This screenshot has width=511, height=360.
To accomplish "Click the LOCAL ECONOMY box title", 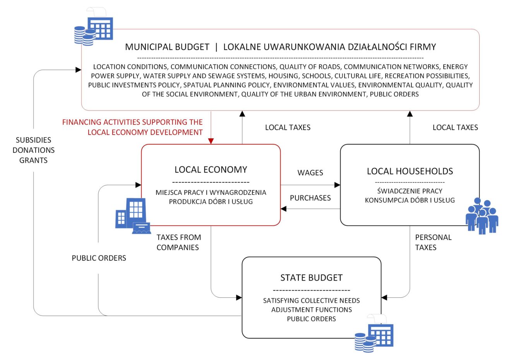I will pos(211,170).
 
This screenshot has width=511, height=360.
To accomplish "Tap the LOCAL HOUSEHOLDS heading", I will pos(410,171).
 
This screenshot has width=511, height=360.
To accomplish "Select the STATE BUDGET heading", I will pos(311,278).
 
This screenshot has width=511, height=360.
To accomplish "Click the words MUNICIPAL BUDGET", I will pos(167,47).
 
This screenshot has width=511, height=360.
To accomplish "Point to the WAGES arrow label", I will pos(310,173).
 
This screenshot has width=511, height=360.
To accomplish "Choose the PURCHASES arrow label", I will pos(310,198).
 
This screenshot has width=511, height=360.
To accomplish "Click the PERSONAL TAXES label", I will pos(433,242).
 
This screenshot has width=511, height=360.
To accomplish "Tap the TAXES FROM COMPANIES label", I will pos(178,242).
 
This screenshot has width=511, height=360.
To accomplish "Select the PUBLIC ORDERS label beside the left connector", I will pos(99,258).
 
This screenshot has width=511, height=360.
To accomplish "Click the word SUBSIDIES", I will pos(33,140).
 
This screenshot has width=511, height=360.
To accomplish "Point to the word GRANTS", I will pos(33,160).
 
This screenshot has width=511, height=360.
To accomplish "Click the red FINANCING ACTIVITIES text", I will pos(132,127).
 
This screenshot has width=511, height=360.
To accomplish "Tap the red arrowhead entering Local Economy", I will pos(211,141).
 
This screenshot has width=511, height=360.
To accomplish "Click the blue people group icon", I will pos(481,216).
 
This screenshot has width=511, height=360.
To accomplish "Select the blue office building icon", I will pos(132,216).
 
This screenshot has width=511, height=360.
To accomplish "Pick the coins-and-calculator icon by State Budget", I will pos(374,333).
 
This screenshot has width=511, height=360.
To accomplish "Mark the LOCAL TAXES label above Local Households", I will pos(455,127).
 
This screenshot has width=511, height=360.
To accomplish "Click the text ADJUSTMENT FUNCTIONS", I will pos(311,310).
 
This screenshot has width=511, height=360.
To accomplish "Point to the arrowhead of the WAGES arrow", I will pos(337,185).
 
